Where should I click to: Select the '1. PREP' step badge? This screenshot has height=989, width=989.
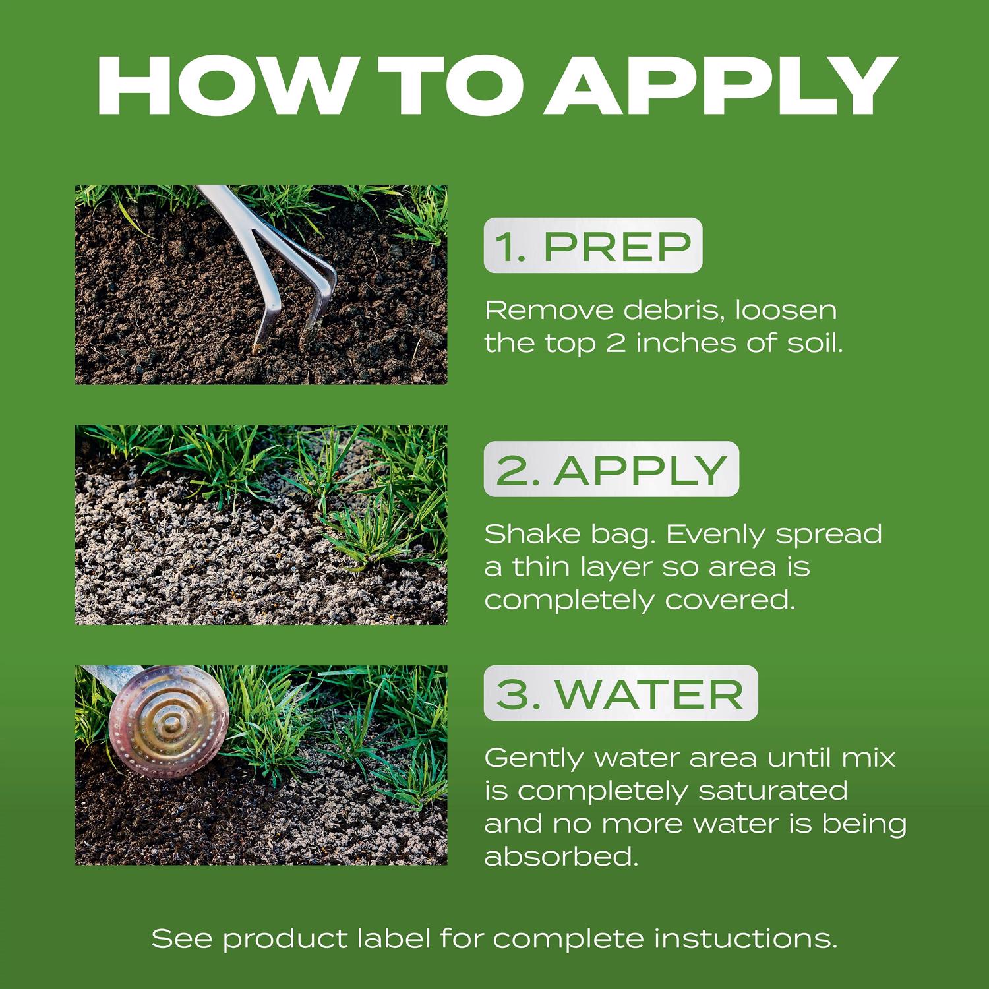(x=593, y=245)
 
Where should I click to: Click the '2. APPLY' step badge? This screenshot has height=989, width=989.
(x=611, y=469)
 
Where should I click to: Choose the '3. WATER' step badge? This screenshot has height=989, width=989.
(x=620, y=693)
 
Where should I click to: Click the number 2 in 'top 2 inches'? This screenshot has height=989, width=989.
(x=615, y=344)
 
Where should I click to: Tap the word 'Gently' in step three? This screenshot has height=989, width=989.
(x=535, y=758)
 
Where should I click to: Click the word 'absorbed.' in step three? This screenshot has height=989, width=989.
(x=562, y=856)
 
